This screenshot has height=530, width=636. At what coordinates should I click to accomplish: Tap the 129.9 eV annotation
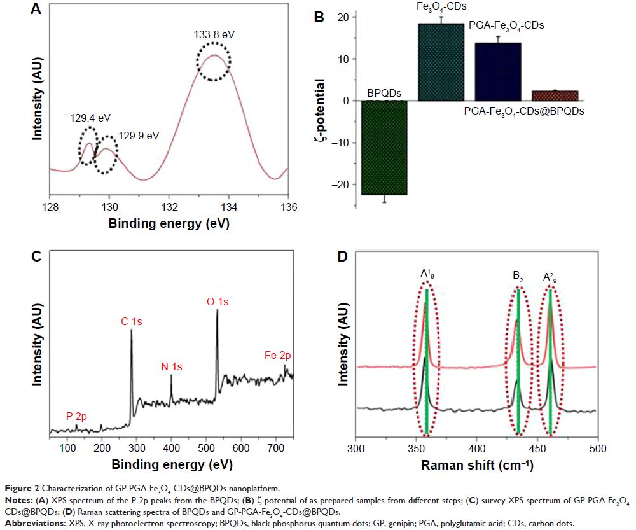coord(139,136)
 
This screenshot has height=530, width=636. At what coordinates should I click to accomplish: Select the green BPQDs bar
coord(384,147)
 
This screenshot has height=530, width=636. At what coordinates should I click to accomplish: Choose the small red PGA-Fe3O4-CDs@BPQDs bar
coord(555,95)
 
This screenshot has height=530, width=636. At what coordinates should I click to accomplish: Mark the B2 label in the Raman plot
coord(518,277)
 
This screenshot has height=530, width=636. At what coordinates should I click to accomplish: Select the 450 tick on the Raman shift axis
coord(536,449)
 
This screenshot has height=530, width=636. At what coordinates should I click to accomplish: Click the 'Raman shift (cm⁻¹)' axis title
coord(476,466)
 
